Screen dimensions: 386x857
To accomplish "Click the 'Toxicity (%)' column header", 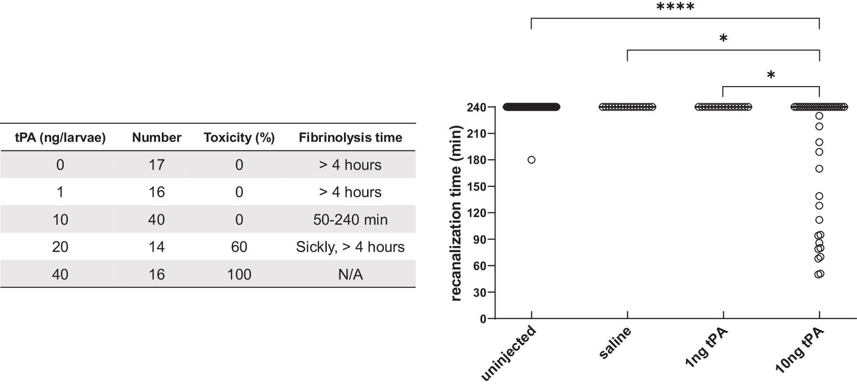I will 239,138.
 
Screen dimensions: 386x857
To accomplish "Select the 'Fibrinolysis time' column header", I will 350,138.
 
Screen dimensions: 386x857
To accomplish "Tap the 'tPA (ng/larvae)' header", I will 60,138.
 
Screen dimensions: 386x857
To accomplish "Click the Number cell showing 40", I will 157,219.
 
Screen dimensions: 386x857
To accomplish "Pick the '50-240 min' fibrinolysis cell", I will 350,219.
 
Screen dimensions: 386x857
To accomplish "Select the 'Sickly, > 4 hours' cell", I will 350,247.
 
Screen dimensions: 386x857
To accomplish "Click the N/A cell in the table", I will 350,274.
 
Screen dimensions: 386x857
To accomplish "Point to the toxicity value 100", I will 239,274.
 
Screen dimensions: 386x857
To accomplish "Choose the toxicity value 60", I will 239,247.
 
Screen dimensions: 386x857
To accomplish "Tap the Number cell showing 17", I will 157,165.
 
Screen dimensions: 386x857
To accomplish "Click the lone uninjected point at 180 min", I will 531,160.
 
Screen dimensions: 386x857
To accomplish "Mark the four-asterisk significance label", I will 675,7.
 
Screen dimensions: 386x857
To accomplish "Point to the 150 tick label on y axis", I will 477,187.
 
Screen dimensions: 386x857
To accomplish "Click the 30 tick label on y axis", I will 479,293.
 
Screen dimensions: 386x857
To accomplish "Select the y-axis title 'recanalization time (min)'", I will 456,213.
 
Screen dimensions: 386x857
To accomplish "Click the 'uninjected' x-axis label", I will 509,353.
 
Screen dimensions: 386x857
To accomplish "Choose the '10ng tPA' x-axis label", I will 800,351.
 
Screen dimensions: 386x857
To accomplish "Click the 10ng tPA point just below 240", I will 819,116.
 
